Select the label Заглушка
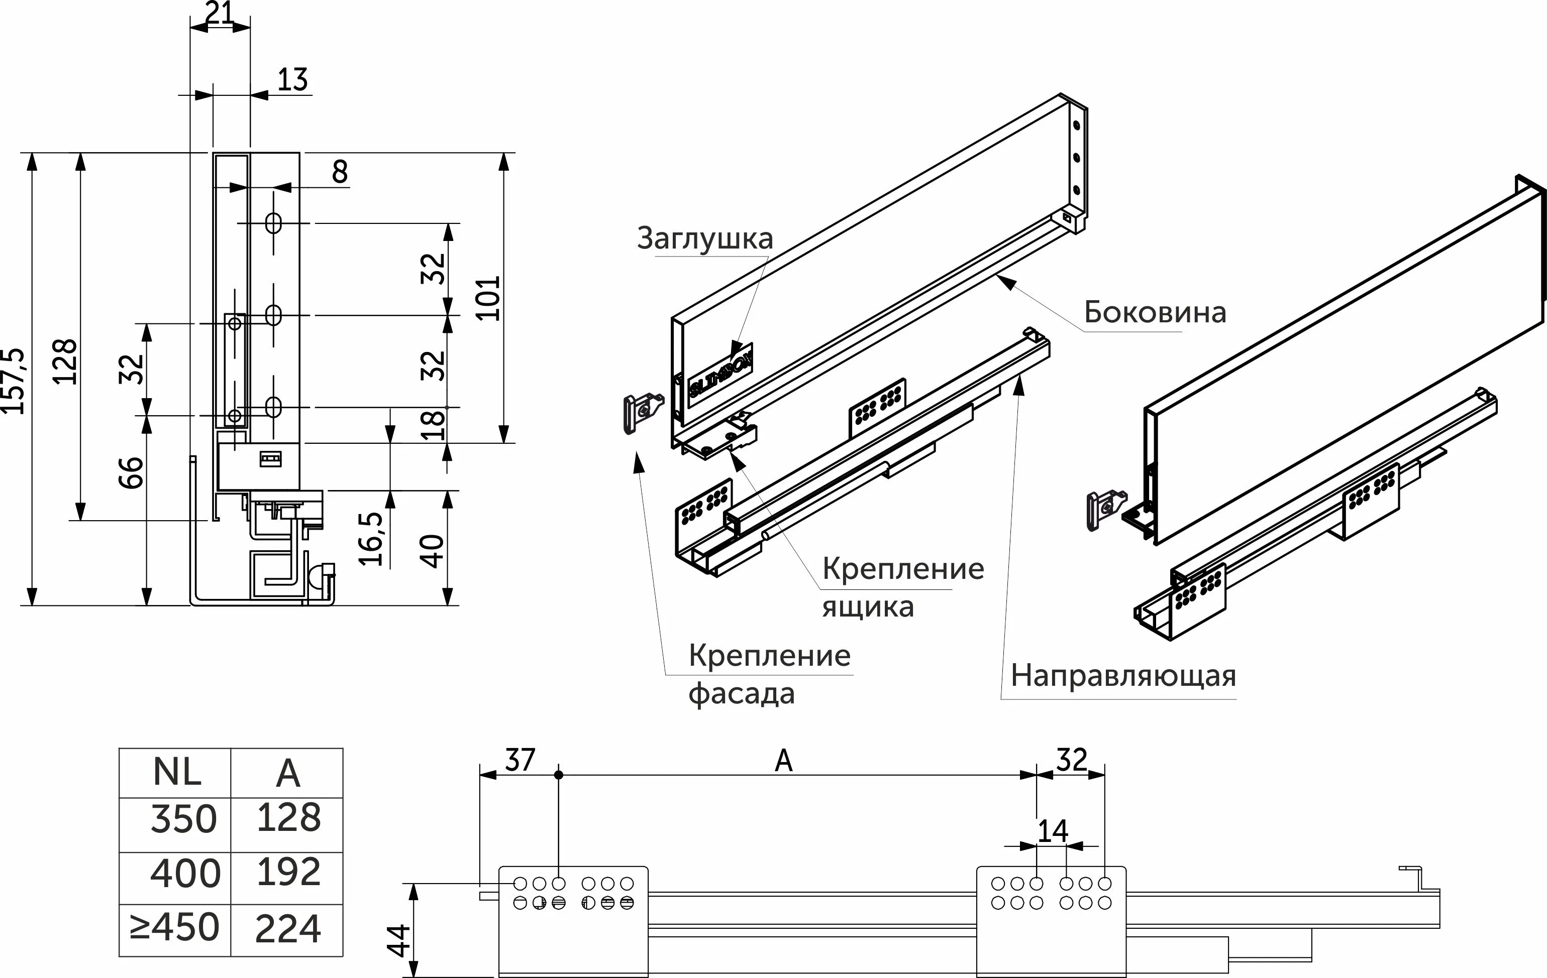(705, 238)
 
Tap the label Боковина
(1155, 313)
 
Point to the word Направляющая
(1123, 676)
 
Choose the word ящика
(868, 607)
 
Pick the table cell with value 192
(288, 872)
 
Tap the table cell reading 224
(288, 929)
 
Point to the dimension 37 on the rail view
(520, 760)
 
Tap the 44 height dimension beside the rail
(399, 940)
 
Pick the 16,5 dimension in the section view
(371, 538)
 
